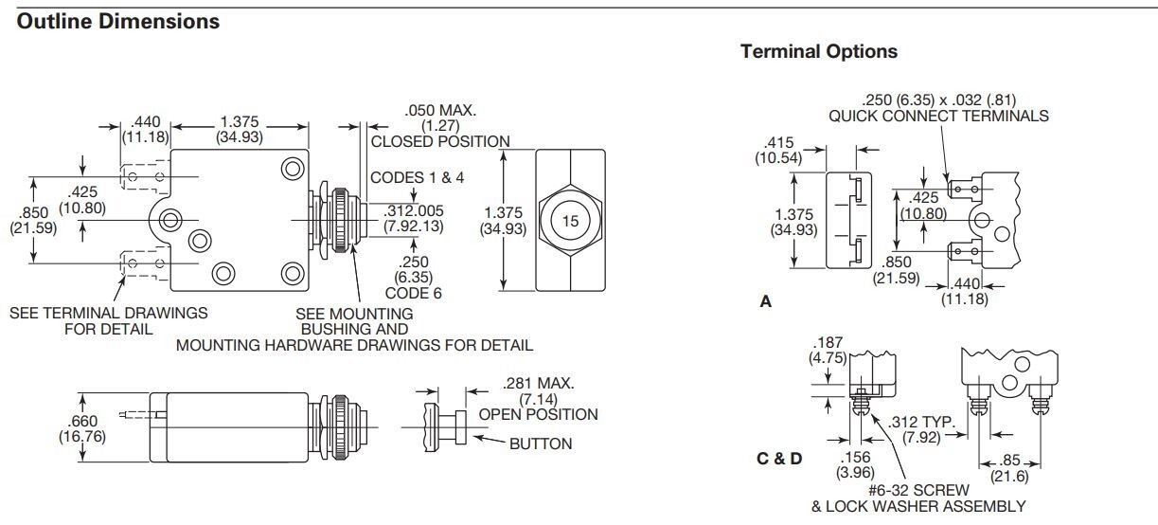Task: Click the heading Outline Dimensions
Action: coord(118,21)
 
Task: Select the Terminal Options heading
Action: coord(819,51)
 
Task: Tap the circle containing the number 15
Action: coord(570,221)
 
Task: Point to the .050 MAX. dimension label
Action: coord(439,110)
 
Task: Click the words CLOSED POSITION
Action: coord(439,141)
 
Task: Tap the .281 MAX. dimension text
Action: coord(537,383)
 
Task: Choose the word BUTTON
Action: coord(541,444)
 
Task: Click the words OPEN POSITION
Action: coord(538,414)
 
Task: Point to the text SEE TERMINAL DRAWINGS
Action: coord(108,313)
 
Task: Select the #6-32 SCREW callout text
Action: coord(917,490)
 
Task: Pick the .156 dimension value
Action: coord(854,456)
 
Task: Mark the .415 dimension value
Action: coord(778,143)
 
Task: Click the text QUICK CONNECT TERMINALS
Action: coord(938,116)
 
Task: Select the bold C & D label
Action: coord(779,459)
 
